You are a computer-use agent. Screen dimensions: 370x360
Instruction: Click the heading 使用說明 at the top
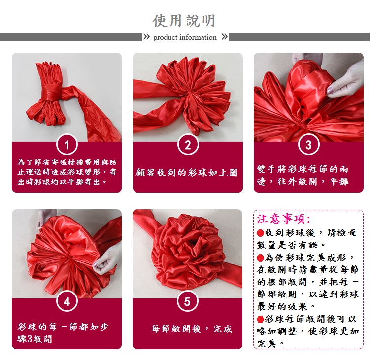click(184, 21)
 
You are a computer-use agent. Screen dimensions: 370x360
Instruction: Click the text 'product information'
click(185, 37)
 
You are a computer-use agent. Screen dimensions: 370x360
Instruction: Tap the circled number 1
click(67, 145)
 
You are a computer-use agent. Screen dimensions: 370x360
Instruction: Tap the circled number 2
click(188, 145)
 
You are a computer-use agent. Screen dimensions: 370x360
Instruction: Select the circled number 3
click(308, 145)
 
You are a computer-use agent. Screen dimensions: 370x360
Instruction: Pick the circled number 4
click(67, 301)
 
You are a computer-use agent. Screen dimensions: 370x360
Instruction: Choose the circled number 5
click(187, 301)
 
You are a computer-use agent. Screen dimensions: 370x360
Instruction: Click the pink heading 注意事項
click(284, 219)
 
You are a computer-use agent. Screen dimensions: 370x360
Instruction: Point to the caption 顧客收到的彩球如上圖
click(187, 173)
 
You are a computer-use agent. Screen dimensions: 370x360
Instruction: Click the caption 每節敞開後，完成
click(191, 328)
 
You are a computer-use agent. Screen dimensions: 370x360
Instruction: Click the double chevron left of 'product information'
click(146, 37)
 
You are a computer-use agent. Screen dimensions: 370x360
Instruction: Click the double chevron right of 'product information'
click(225, 37)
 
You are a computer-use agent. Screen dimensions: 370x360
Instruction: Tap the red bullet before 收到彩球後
click(260, 233)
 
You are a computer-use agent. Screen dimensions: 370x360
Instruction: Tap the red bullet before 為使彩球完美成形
click(260, 258)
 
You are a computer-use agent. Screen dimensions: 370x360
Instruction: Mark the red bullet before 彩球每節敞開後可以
click(260, 320)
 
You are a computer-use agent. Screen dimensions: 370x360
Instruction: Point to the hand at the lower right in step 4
click(107, 261)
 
